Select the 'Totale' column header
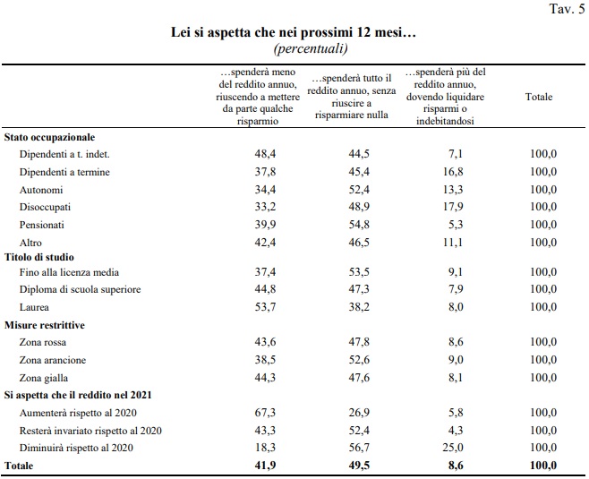click(x=539, y=97)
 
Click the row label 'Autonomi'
click(x=40, y=190)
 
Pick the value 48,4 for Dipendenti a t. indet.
click(x=266, y=155)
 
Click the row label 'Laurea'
click(x=36, y=307)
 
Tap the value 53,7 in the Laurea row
click(x=266, y=307)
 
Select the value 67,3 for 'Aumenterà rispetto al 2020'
click(x=266, y=412)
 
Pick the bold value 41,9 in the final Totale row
click(x=266, y=466)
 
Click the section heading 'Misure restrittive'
click(x=46, y=325)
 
